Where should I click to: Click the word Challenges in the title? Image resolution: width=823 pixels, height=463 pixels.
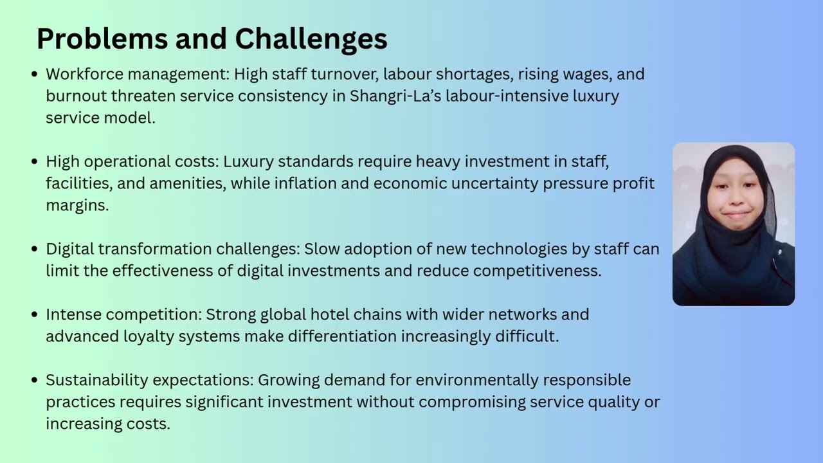(x=311, y=40)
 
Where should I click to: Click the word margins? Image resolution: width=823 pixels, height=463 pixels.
(x=77, y=205)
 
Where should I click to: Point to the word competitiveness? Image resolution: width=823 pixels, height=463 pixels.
(x=537, y=271)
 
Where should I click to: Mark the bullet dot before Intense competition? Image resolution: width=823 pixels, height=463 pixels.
(x=35, y=314)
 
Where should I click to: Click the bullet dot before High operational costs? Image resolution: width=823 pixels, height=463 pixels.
(x=35, y=161)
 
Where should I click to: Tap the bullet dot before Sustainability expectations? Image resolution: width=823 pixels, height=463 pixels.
(x=35, y=380)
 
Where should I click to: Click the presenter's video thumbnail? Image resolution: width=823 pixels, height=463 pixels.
(x=734, y=224)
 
